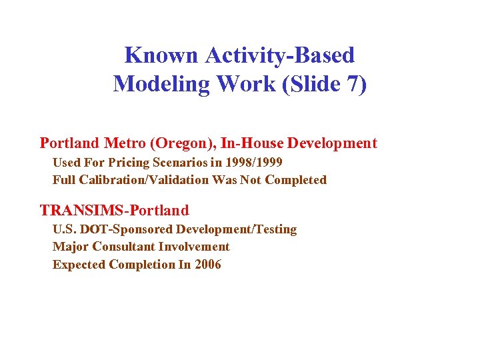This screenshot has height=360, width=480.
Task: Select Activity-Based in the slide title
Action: pyautogui.click(x=280, y=55)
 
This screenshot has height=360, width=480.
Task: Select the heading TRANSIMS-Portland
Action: pyautogui.click(x=115, y=211)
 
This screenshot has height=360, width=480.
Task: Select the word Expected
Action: pyautogui.click(x=79, y=265)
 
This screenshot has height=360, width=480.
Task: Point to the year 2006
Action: pyautogui.click(x=208, y=265)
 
